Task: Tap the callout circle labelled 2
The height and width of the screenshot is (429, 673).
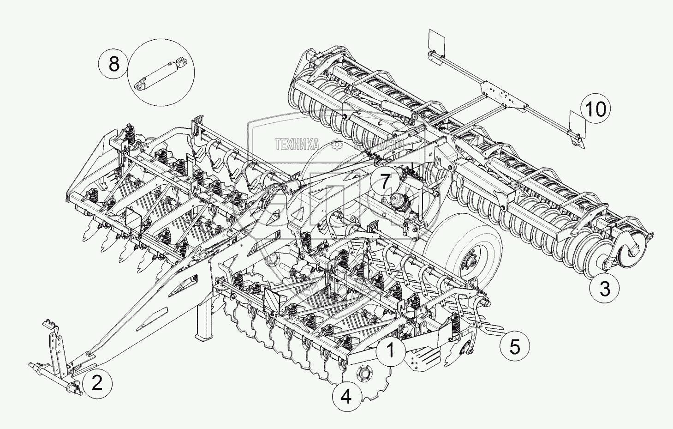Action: [96, 383]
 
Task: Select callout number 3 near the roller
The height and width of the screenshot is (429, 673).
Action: [605, 289]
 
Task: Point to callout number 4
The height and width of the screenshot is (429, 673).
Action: [346, 396]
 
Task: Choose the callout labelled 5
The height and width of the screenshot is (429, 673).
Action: [514, 346]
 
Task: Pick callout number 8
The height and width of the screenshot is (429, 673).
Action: [114, 63]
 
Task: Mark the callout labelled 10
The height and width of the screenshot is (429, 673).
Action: [596, 109]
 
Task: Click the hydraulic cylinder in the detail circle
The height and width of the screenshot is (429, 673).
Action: [161, 73]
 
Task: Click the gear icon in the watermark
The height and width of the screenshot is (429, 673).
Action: [336, 145]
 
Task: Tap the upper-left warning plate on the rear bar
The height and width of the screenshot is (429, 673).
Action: [436, 41]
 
